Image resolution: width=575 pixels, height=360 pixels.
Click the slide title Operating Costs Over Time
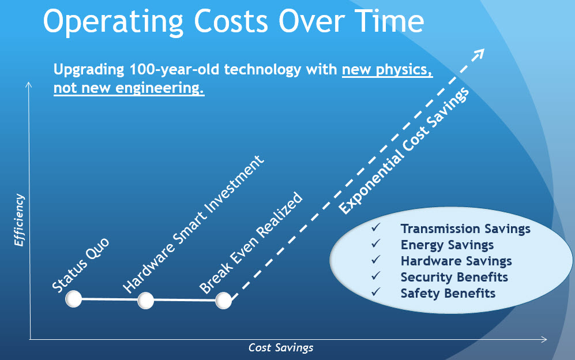[x=234, y=21]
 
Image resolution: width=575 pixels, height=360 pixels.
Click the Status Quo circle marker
[x=73, y=299]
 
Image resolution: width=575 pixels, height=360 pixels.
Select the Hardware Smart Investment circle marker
[x=146, y=300]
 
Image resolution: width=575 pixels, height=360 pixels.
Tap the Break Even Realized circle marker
[x=224, y=301]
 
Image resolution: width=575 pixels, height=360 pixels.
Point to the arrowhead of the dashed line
[x=478, y=54]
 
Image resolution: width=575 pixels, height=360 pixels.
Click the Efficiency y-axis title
[x=20, y=221]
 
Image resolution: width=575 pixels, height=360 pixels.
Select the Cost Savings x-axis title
[x=281, y=347]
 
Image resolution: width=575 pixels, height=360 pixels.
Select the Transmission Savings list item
[x=465, y=228]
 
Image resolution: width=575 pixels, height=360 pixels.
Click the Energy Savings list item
[x=447, y=245]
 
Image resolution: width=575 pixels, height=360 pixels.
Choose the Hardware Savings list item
[x=456, y=261]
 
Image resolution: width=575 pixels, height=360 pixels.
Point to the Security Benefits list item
[x=454, y=277]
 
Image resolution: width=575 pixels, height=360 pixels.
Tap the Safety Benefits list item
[x=448, y=293]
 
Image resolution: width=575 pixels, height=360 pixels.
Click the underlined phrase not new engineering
[x=129, y=89]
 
